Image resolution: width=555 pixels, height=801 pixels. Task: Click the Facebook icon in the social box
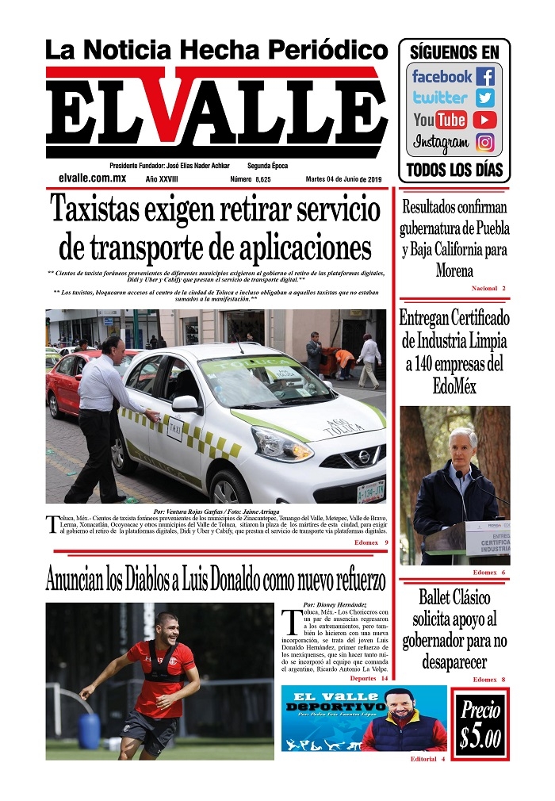pos(485,77)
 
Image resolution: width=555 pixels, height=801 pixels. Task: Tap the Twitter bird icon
pos(485,98)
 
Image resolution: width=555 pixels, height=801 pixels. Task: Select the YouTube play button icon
pos(484,121)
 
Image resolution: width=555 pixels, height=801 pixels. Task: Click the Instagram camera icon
pos(485,143)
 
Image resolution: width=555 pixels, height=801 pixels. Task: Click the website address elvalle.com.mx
pos(93,179)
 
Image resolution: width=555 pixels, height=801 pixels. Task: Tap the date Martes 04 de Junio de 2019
pos(343,179)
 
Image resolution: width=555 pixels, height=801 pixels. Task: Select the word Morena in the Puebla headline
pos(454,270)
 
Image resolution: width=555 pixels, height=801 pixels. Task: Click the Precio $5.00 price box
pos(480,724)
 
